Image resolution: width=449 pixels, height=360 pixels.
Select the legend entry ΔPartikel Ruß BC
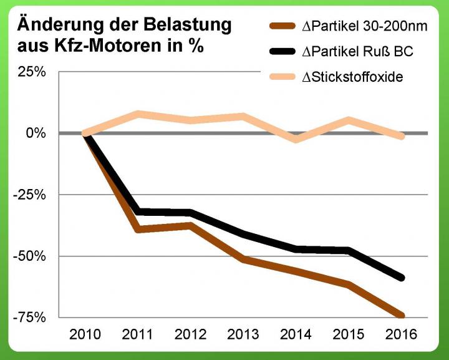pos(354,52)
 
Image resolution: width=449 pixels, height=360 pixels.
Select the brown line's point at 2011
pos(138,230)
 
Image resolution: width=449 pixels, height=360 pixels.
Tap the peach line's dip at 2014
pos(295,139)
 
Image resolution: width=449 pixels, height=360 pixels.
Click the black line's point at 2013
pos(243,234)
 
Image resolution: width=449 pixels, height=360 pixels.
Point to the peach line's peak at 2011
pos(138,114)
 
